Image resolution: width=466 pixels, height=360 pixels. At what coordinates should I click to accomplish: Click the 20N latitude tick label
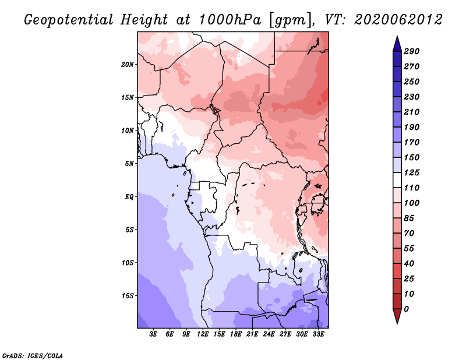tap(128, 64)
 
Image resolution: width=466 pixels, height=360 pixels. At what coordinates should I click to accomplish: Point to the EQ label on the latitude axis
tap(129, 196)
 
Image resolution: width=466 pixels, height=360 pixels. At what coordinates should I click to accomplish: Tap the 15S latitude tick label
tap(128, 295)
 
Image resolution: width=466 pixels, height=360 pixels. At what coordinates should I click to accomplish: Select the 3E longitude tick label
tap(153, 334)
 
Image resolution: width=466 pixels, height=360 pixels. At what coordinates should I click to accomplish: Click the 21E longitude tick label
tap(252, 334)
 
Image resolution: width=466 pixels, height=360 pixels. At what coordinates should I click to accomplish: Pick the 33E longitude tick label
tap(318, 334)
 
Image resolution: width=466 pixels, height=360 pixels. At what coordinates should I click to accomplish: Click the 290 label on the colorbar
tap(412, 51)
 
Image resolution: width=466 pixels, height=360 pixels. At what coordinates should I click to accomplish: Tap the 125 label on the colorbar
tap(412, 172)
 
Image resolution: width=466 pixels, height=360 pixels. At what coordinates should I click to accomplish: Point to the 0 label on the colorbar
tap(406, 309)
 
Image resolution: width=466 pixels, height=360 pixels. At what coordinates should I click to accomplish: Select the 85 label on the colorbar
tap(409, 218)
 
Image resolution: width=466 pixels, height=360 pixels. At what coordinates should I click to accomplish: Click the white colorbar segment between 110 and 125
tap(397, 180)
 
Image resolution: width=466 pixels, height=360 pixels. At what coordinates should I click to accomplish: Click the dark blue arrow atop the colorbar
tap(397, 44)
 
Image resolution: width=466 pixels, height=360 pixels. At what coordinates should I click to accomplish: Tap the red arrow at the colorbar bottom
tap(397, 316)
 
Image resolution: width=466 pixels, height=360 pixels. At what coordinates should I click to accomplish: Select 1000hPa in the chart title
tap(230, 20)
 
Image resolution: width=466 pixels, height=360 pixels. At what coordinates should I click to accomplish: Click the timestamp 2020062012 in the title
tap(398, 20)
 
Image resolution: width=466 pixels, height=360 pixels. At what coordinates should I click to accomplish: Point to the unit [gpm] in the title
tap(291, 20)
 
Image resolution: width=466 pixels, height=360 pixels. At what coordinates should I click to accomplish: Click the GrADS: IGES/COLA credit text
tap(33, 356)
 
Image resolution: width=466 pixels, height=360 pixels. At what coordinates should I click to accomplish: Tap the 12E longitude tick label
tap(202, 334)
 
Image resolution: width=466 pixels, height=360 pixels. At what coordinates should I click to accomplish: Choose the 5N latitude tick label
tap(129, 164)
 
